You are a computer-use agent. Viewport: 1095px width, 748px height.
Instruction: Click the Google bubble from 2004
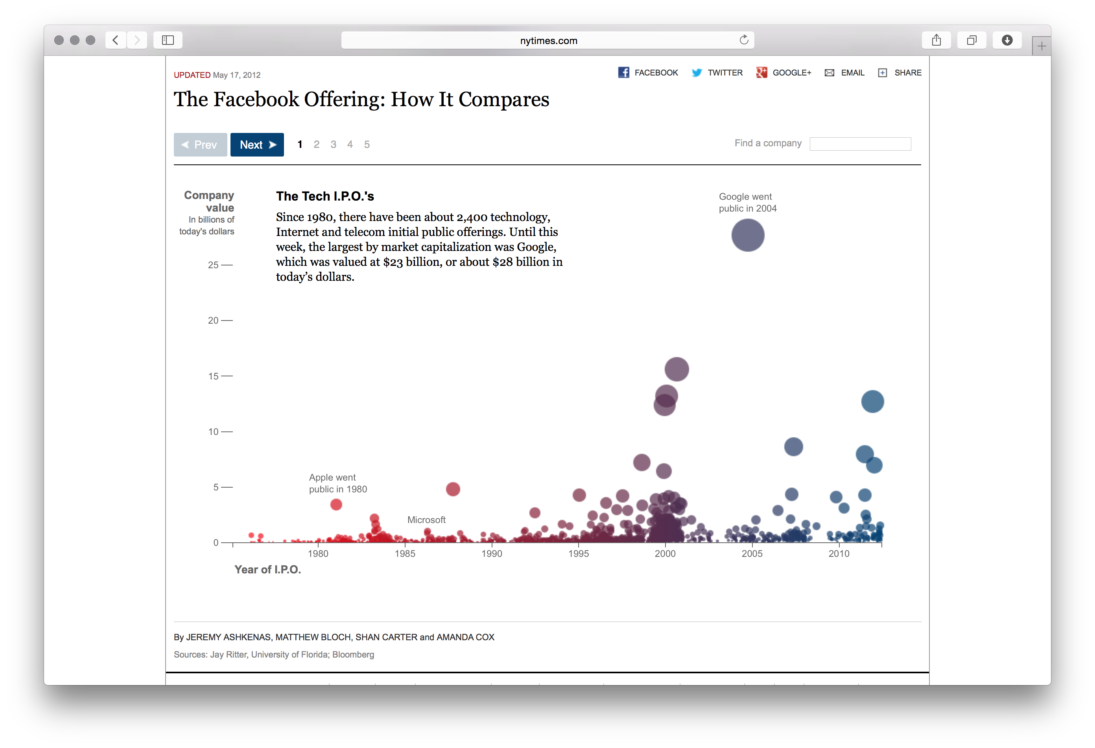coord(747,235)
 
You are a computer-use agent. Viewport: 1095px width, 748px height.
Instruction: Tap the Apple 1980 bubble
coord(336,505)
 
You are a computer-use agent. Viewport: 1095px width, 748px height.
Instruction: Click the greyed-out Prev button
coord(200,145)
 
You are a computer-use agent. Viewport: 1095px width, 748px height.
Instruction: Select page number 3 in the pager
coord(333,145)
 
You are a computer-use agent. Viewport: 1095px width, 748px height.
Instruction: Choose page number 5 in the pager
coord(367,145)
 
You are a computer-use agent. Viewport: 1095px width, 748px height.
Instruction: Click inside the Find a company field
coord(860,144)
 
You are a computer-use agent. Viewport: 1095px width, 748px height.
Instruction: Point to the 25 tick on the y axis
coord(214,265)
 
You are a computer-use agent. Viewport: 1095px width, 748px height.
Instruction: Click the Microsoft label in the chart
coord(426,520)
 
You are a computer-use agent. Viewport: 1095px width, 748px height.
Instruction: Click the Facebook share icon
coord(623,72)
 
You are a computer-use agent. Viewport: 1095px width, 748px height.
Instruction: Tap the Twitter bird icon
coord(697,72)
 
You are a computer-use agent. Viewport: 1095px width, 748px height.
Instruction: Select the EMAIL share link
coord(852,72)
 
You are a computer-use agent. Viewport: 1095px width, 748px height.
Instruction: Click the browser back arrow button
coord(115,40)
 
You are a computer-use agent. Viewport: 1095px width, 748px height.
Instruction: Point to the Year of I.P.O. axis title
coord(267,569)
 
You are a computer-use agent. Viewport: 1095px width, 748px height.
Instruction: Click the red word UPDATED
coord(192,75)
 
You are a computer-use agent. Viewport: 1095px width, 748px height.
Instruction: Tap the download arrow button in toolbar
coord(1007,40)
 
